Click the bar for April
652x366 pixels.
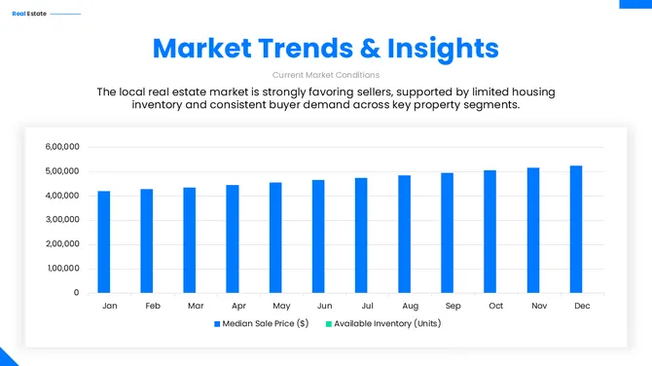click(x=233, y=238)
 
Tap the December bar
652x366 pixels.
click(x=576, y=229)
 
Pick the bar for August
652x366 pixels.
click(x=404, y=234)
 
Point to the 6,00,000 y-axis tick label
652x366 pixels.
click(x=62, y=147)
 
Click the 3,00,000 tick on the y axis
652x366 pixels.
click(x=62, y=220)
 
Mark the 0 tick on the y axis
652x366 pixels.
click(x=76, y=293)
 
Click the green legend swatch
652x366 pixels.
click(x=328, y=323)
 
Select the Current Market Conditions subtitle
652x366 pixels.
click(x=326, y=74)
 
